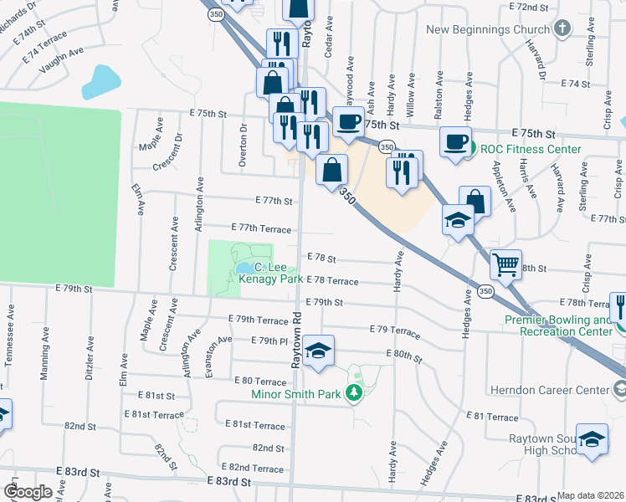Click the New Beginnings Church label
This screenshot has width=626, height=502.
pyautogui.click(x=486, y=30)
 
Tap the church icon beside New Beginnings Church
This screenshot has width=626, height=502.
pyautogui.click(x=562, y=28)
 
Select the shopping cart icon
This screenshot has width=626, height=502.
pyautogui.click(x=506, y=264)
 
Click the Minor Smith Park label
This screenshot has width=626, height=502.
pyautogui.click(x=299, y=393)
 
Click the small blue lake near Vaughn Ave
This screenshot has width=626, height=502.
pyautogui.click(x=101, y=80)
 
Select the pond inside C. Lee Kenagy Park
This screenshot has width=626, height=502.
pyautogui.click(x=244, y=269)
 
